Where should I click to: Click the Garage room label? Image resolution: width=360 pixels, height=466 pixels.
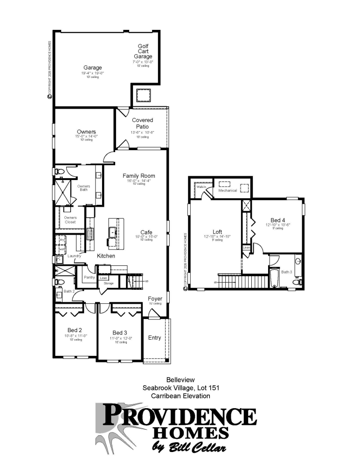click(x=93, y=68)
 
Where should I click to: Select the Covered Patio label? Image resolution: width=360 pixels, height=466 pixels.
click(x=142, y=123)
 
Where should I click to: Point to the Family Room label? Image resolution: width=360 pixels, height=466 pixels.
click(x=138, y=176)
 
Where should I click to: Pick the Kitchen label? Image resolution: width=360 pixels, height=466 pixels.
click(x=106, y=256)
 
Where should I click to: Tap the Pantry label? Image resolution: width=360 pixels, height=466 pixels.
click(x=90, y=278)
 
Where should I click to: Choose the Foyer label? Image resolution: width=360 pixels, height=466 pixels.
click(x=155, y=299)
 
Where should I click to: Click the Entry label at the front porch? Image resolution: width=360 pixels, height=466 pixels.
click(x=155, y=338)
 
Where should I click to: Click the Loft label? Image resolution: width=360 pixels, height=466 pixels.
click(x=218, y=231)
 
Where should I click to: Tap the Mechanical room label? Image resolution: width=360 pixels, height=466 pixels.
click(x=228, y=190)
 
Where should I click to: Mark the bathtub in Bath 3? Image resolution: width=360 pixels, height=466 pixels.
click(x=274, y=279)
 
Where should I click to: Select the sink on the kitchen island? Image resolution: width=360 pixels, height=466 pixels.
click(x=112, y=232)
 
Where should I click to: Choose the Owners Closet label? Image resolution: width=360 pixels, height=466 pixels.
click(x=70, y=220)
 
